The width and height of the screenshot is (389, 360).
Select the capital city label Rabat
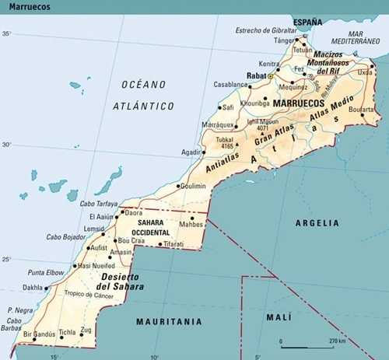click(x=256, y=76)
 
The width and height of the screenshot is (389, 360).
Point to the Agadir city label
click(x=191, y=152)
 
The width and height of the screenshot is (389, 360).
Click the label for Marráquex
click(x=218, y=124)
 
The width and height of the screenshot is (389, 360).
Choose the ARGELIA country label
click(x=317, y=223)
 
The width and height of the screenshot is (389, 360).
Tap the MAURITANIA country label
click(x=169, y=321)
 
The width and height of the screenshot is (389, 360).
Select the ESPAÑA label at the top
click(x=307, y=22)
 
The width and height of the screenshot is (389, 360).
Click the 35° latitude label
click(x=6, y=34)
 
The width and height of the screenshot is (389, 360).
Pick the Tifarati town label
click(x=174, y=244)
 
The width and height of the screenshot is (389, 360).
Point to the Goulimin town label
click(x=194, y=187)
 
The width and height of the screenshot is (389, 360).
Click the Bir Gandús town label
click(x=38, y=334)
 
